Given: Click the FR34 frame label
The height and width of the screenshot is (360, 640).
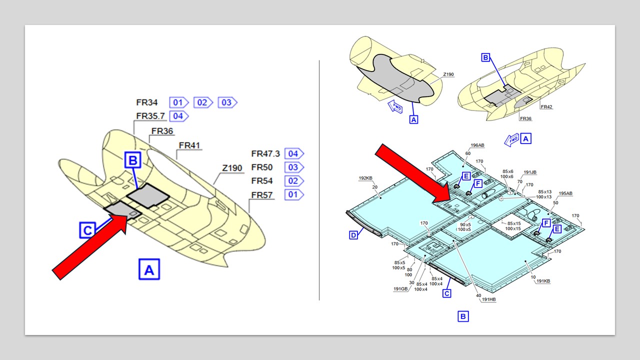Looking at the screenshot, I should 147,102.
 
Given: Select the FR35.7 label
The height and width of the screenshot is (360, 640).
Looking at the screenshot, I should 150,116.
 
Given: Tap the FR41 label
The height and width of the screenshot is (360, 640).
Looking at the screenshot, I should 189,145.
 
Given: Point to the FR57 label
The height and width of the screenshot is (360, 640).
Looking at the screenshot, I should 262,194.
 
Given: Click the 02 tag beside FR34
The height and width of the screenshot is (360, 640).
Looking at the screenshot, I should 202,102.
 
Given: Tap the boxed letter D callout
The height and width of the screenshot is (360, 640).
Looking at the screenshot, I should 353,234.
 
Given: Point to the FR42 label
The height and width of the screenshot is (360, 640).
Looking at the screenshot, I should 546,106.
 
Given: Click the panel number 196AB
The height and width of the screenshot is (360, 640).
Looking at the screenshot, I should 476,145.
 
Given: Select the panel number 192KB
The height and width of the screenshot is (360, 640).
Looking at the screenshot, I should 365,178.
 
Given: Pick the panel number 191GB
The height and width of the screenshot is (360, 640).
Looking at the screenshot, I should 401,288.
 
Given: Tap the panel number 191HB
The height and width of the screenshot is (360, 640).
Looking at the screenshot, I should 489,299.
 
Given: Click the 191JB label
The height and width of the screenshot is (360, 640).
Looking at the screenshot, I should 530,172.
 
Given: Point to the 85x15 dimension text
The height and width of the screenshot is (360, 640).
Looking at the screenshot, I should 514,223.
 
